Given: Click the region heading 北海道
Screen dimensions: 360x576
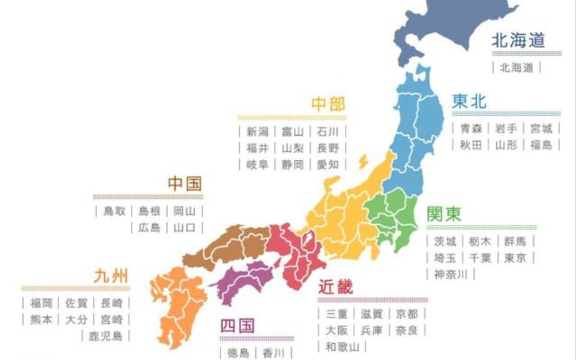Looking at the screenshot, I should pos(518,42).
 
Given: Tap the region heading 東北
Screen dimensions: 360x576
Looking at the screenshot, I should pos(469,102).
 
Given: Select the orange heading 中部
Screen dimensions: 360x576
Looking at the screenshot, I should pos(328,104).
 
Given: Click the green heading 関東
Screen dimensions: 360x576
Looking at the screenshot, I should pos(444,214).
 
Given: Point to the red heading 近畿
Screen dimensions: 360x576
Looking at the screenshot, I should pos(336,287).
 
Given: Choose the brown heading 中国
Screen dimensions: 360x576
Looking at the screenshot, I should pos(185,183).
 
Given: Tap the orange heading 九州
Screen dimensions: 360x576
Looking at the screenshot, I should pos(110,275).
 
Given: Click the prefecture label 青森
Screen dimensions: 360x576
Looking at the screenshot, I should pos(471,129).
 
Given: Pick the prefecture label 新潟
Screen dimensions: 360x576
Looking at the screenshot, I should pos(257,131).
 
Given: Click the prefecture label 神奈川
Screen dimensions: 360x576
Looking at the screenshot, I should pos(450,273).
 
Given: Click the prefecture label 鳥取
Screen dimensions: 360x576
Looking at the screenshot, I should pos(115,211).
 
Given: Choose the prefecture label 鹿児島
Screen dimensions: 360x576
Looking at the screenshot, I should pos(105,336).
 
